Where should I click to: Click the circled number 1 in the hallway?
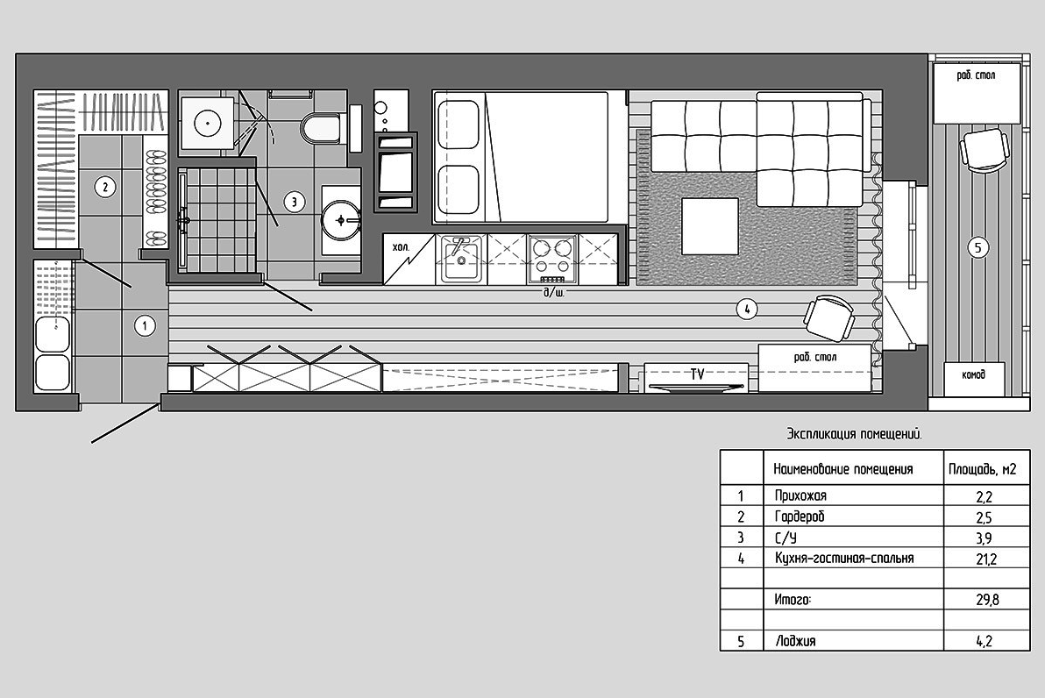coord(145,326)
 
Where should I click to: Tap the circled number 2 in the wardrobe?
coord(104,187)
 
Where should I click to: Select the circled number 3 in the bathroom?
coord(294,202)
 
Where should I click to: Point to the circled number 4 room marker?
coord(747,309)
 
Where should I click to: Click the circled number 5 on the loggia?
coord(977,248)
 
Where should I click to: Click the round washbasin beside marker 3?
coord(341,219)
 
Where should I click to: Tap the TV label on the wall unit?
coord(697,374)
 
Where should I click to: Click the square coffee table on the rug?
coord(710,226)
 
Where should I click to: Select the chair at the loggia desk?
coord(985,151)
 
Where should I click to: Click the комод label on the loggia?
coord(974,374)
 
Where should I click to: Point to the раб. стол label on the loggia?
coord(976,75)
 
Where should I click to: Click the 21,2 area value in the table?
coord(986,559)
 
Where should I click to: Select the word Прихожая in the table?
coord(800,496)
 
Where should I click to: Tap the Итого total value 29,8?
coord(987,600)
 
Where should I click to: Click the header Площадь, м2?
coord(983,469)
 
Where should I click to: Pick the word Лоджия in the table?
coord(796,641)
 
